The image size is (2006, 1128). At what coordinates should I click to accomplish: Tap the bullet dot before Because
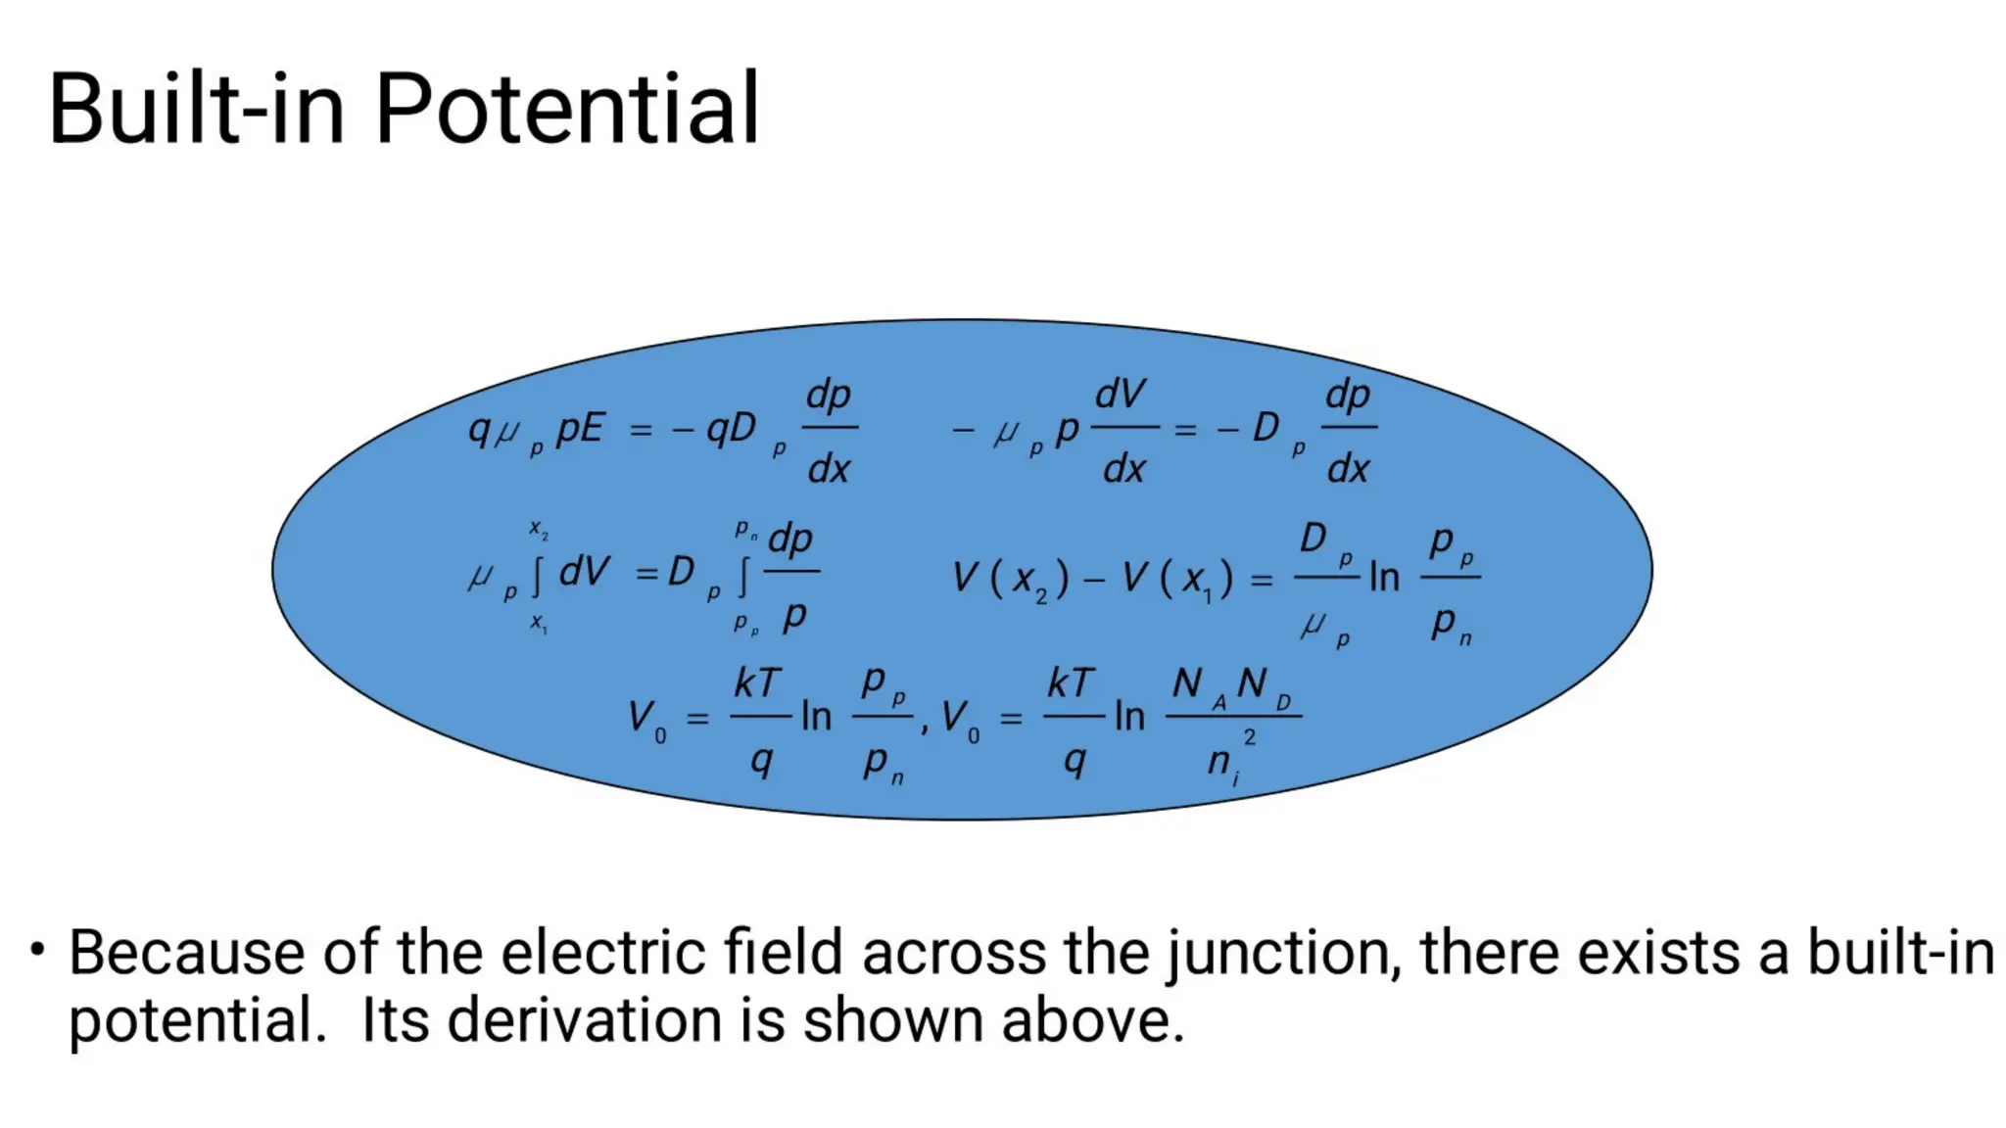click(x=37, y=950)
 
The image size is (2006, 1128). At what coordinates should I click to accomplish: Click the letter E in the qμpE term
click(x=592, y=429)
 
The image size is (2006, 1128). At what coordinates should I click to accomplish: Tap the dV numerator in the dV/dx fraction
click(x=1120, y=394)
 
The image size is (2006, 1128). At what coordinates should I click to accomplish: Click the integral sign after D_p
click(x=743, y=576)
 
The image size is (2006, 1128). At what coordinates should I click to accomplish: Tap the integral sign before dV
click(x=537, y=576)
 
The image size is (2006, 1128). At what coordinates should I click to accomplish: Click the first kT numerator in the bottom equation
click(x=757, y=683)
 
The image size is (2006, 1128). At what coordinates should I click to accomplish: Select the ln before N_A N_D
click(x=1129, y=717)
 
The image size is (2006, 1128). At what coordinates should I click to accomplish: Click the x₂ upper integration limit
click(x=539, y=529)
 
